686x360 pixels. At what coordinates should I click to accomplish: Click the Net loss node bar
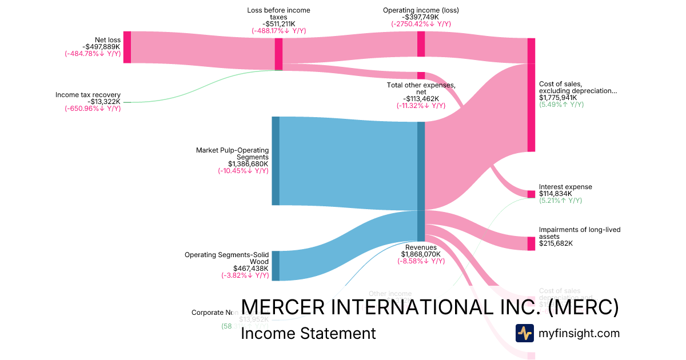[x=127, y=47]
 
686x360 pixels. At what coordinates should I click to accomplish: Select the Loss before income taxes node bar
[x=278, y=54]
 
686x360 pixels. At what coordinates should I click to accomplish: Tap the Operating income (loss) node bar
[x=421, y=43]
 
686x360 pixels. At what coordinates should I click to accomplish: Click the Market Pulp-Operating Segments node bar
[x=276, y=161]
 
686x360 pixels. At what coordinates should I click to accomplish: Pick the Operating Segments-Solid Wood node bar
[x=276, y=266]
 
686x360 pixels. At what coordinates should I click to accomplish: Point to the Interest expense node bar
[x=531, y=194]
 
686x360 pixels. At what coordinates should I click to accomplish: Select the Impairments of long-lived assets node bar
[x=531, y=243]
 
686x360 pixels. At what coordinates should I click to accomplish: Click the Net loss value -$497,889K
[x=101, y=47]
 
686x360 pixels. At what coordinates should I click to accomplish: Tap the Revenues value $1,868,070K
[x=422, y=254]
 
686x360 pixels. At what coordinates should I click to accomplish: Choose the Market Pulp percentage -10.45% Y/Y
[x=243, y=171]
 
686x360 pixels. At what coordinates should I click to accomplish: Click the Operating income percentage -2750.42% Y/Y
[x=421, y=24]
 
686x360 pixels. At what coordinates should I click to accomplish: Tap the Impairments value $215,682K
[x=556, y=243]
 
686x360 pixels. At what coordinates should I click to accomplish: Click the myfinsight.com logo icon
[x=524, y=333]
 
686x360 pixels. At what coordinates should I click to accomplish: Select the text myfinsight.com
[x=579, y=333]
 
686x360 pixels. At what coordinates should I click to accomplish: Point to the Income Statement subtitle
[x=308, y=333]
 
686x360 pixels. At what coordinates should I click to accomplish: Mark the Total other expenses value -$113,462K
[x=421, y=98]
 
